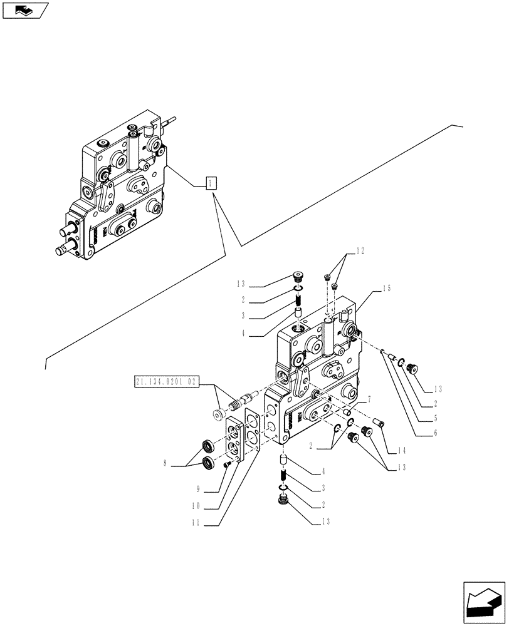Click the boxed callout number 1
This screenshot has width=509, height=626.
pyautogui.click(x=211, y=183)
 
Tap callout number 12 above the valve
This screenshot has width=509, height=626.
pyautogui.click(x=360, y=251)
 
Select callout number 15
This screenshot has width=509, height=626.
pyautogui.click(x=387, y=289)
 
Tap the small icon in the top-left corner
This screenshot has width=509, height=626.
pyautogui.click(x=25, y=10)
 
